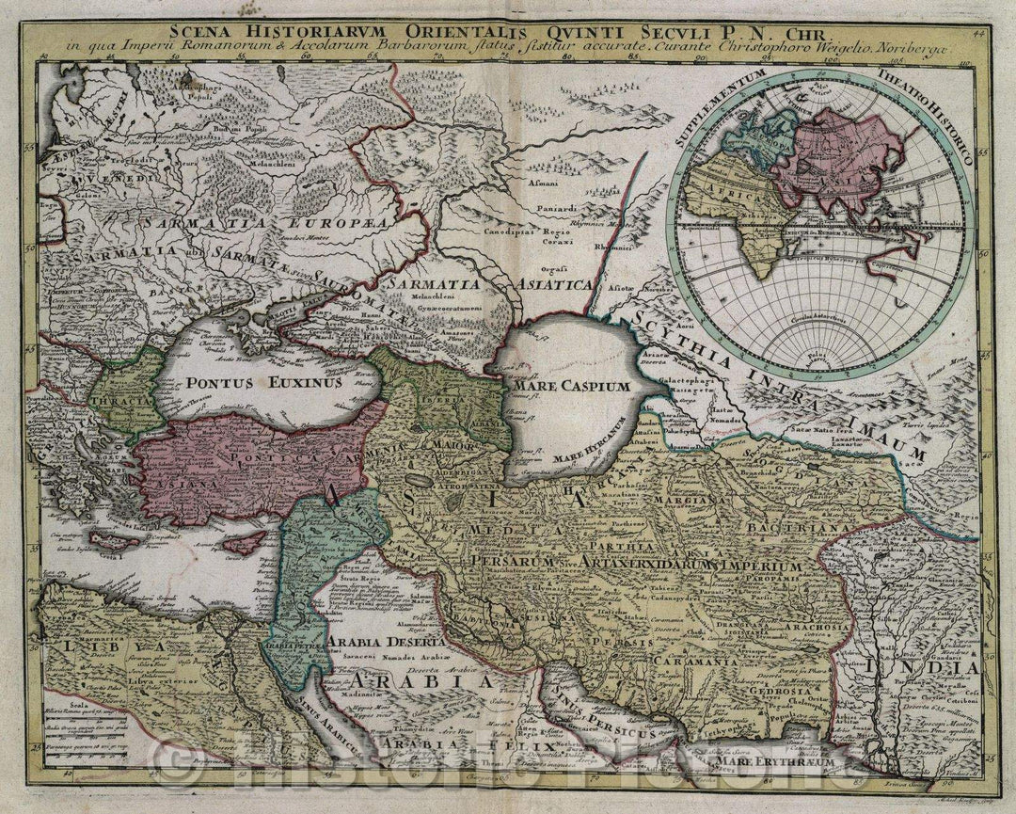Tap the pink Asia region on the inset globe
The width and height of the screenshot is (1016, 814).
tap(828, 155)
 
